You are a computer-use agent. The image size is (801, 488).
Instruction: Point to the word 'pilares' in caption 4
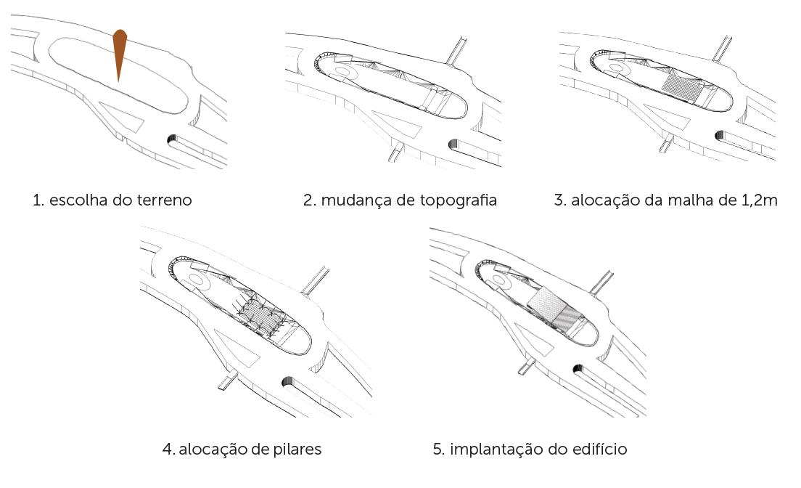[296, 450]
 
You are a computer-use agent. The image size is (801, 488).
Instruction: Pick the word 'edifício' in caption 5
[599, 450]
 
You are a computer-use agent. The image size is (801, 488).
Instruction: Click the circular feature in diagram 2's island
[342, 73]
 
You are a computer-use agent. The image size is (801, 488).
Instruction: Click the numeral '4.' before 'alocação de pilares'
[168, 450]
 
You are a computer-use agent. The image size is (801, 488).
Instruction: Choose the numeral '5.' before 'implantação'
[438, 450]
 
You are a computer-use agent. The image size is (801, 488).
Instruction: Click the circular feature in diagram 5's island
[505, 280]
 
